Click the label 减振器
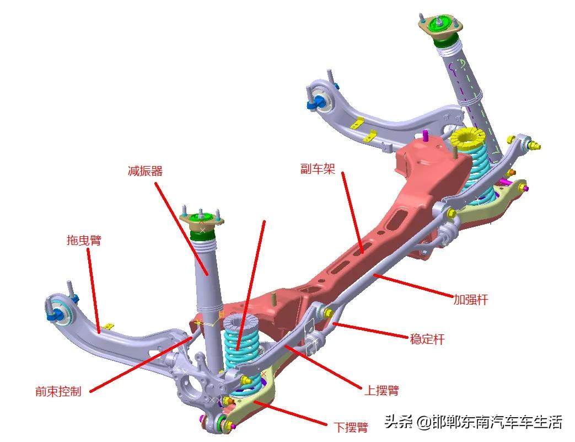tap(145, 171)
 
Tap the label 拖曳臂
tap(83, 240)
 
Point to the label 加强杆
tap(470, 300)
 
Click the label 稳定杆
tap(427, 339)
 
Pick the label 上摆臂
tap(381, 390)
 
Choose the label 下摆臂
tap(351, 427)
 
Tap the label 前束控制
tap(58, 391)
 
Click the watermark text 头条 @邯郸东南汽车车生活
tap(473, 422)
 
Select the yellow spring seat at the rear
tap(466, 139)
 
